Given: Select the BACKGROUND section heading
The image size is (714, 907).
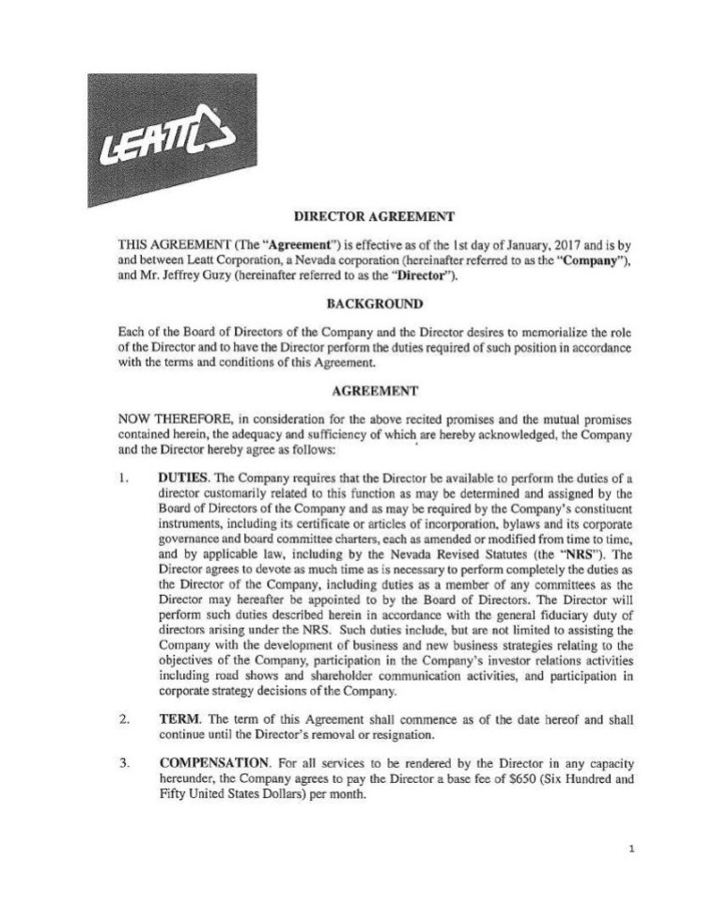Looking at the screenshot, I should (x=362, y=304).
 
